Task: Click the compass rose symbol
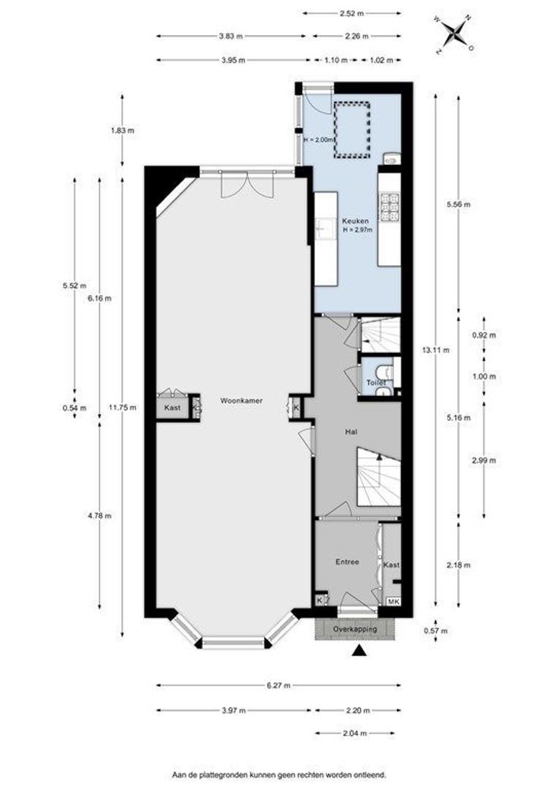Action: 455,34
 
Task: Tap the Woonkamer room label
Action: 241,401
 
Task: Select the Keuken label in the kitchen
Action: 355,221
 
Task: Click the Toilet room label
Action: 376,383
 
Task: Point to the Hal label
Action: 351,432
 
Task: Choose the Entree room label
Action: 347,562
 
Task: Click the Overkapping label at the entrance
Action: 355,630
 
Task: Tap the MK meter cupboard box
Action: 394,601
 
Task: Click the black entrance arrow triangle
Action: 359,651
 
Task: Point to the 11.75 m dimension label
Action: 122,408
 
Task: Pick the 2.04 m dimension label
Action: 355,733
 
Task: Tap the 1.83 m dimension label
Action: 122,130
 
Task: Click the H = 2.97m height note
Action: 358,230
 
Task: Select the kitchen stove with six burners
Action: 389,207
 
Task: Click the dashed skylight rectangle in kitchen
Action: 352,129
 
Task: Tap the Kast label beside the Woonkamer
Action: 172,408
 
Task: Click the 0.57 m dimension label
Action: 436,631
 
